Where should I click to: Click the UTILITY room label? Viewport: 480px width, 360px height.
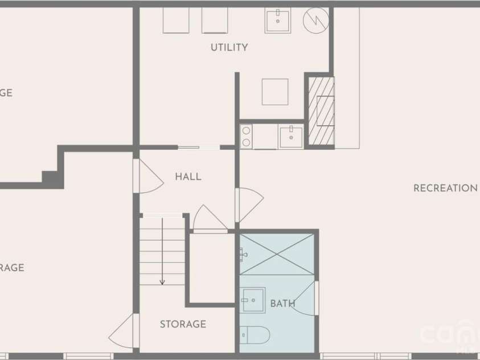(229, 47)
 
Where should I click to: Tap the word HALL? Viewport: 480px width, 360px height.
(188, 177)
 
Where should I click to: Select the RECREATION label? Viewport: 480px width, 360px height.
(445, 188)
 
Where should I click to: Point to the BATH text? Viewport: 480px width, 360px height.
(282, 304)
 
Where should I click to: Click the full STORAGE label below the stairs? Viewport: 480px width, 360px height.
(183, 324)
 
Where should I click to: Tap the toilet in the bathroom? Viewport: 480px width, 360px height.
(255, 335)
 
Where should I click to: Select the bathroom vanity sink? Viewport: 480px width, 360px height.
(253, 300)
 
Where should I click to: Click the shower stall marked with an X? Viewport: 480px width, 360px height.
(277, 253)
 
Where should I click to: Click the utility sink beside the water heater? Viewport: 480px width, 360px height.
(278, 21)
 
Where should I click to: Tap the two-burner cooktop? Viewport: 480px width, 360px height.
(246, 137)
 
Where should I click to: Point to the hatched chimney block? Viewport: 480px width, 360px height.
(321, 111)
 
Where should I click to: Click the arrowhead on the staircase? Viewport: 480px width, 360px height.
(162, 281)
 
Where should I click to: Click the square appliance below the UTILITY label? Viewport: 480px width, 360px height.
(275, 92)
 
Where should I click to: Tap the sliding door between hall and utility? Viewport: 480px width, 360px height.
(198, 148)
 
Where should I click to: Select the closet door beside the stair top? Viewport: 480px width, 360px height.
(209, 220)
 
